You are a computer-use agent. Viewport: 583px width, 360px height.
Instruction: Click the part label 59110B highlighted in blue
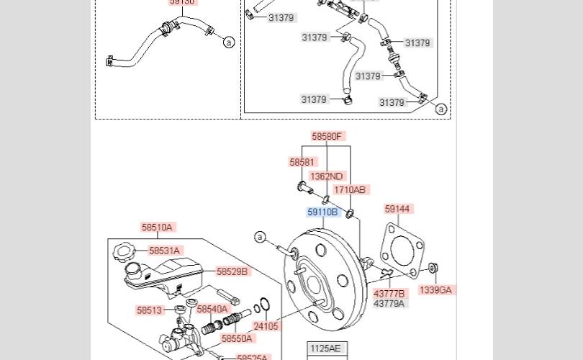pyautogui.click(x=322, y=212)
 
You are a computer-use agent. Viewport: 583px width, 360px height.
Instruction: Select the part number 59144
pyautogui.click(x=397, y=209)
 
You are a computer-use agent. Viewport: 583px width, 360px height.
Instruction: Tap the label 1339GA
pyautogui.click(x=435, y=290)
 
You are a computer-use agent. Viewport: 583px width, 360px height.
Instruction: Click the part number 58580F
pyautogui.click(x=327, y=136)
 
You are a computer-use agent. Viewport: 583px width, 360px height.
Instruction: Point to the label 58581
pyautogui.click(x=302, y=163)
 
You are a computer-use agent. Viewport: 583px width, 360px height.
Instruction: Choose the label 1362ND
pyautogui.click(x=327, y=176)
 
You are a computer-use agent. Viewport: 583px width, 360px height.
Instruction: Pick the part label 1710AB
pyautogui.click(x=350, y=190)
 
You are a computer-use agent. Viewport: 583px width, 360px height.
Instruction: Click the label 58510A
pyautogui.click(x=157, y=228)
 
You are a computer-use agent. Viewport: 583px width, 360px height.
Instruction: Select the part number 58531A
pyautogui.click(x=164, y=251)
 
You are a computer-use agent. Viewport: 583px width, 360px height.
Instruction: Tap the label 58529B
pyautogui.click(x=232, y=271)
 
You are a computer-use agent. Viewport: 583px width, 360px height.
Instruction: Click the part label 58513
pyautogui.click(x=150, y=311)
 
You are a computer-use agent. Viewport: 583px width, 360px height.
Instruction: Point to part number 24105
pyautogui.click(x=266, y=326)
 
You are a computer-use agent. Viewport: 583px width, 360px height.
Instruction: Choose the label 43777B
pyautogui.click(x=389, y=293)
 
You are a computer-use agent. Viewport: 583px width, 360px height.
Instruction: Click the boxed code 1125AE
pyautogui.click(x=325, y=348)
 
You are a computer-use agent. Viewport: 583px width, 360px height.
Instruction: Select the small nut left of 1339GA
pyautogui.click(x=433, y=269)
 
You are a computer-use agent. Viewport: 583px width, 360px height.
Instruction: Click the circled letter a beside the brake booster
pyautogui.click(x=260, y=236)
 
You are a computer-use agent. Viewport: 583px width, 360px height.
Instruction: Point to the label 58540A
pyautogui.click(x=212, y=310)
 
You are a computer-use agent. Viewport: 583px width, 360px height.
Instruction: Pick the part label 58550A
pyautogui.click(x=238, y=338)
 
